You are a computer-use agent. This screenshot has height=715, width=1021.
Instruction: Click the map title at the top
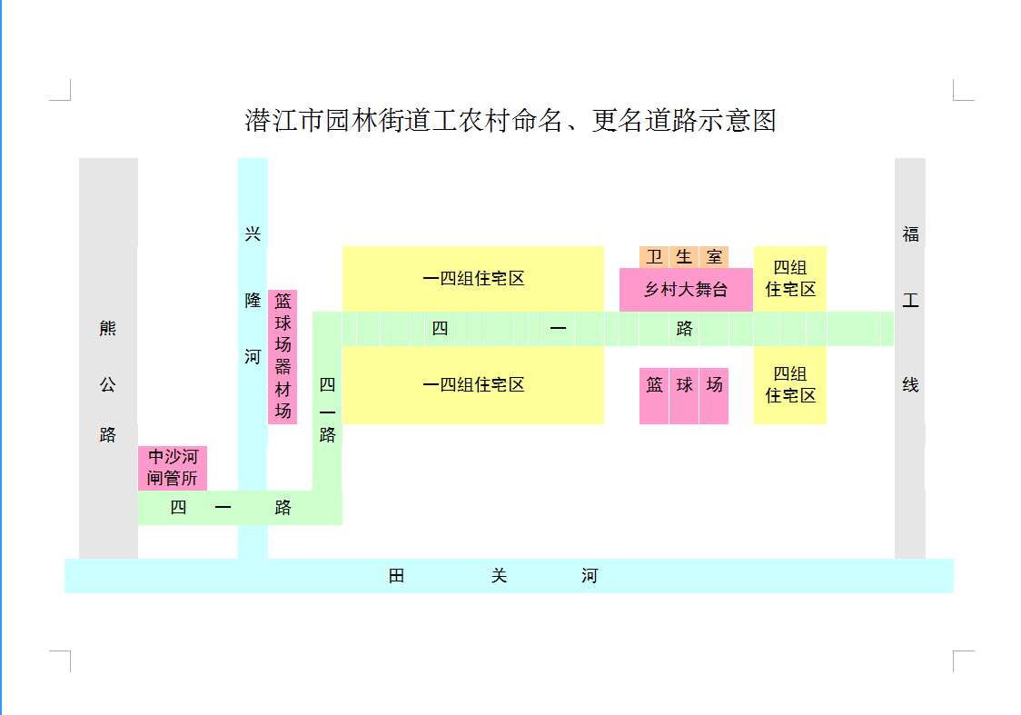510,121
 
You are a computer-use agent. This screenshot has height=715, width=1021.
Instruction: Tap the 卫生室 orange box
684,257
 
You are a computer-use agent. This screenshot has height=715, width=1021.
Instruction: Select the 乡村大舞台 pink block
686,290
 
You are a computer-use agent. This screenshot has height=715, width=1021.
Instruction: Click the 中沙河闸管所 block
173,467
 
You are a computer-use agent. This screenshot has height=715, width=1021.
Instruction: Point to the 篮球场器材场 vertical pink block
283,356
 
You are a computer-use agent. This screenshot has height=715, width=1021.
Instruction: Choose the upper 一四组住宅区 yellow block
473,279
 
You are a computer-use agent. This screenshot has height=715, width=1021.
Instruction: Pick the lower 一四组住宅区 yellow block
473,384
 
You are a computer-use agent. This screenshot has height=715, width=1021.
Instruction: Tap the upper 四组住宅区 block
790,278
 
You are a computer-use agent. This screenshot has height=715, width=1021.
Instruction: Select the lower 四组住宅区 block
790,384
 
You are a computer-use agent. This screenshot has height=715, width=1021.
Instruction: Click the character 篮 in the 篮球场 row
654,385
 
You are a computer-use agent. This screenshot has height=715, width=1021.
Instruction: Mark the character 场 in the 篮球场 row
715,385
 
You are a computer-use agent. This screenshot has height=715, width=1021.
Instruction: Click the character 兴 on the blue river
253,234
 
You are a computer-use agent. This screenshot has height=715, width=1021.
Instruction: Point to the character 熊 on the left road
108,328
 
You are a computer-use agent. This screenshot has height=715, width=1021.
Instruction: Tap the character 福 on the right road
910,234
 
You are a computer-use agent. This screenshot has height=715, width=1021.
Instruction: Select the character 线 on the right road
910,385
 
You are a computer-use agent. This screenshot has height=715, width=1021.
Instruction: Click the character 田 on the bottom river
397,576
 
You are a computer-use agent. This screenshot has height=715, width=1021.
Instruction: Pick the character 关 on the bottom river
499,576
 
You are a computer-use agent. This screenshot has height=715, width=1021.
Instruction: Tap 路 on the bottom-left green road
283,508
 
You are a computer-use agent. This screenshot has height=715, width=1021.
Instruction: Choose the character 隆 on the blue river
253,301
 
